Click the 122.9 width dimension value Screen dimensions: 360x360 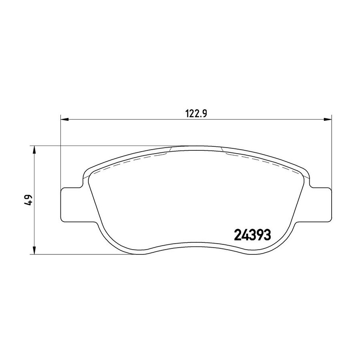pos(196,114)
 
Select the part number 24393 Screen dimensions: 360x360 pos(252,235)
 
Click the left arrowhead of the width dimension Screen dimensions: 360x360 pos(64,119)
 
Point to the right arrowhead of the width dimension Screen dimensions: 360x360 pos(328,119)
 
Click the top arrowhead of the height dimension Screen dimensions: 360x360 pos(34,150)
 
